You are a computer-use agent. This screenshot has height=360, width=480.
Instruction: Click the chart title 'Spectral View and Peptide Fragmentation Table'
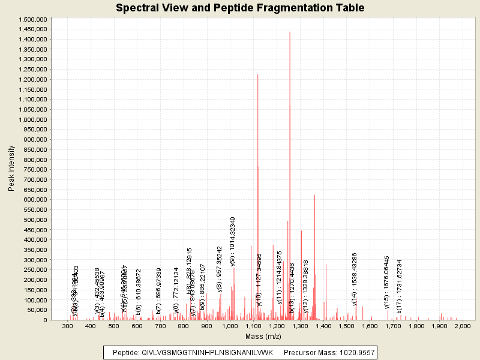[239, 8]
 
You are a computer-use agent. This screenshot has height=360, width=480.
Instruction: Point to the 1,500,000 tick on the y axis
[33, 19]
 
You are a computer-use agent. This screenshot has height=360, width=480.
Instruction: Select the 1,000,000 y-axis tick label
[33, 119]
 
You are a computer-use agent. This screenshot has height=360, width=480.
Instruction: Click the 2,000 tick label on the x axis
[463, 326]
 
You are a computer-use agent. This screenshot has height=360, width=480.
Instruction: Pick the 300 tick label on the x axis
[68, 326]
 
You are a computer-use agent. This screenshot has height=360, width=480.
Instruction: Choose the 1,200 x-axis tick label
[277, 326]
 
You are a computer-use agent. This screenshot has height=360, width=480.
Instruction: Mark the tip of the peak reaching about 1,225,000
[258, 74]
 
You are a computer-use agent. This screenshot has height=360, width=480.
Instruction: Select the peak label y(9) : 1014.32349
[233, 241]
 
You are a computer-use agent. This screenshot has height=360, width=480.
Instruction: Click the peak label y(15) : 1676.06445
[387, 283]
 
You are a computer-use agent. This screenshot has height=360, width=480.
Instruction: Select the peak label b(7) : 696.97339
[159, 291]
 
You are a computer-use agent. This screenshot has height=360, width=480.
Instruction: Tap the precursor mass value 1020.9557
[354, 352]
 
